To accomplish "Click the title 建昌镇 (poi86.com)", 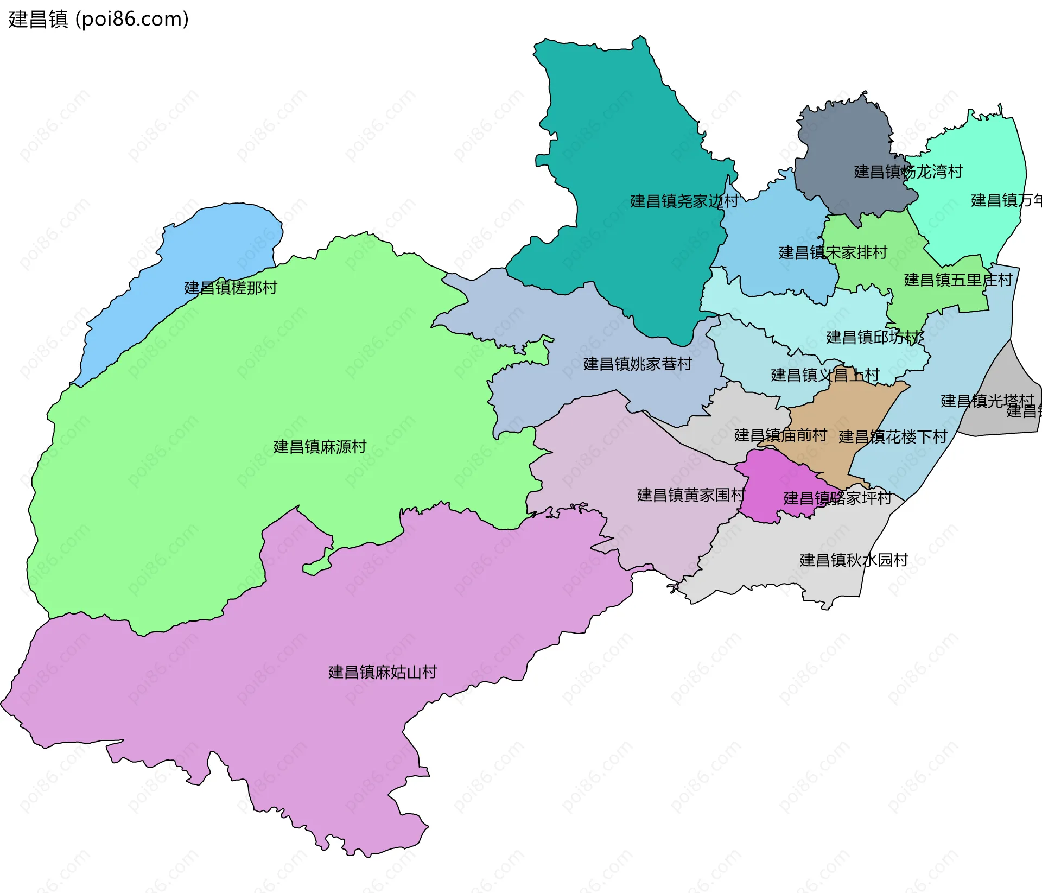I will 98,19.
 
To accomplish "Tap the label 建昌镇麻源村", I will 320,447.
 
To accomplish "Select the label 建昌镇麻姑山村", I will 382,672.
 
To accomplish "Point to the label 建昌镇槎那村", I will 231,287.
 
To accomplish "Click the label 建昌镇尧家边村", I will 684,201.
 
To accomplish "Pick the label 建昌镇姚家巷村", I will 637,364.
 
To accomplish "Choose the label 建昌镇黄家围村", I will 690,495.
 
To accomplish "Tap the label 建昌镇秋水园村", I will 853,560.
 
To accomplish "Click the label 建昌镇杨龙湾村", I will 907,172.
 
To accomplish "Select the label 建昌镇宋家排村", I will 833,252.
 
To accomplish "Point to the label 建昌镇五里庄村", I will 957,280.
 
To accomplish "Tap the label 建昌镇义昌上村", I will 824,375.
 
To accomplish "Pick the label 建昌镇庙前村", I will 780,435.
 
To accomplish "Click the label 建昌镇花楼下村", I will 892,436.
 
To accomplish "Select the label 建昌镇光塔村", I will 987,401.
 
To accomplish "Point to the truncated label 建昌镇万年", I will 1005,200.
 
